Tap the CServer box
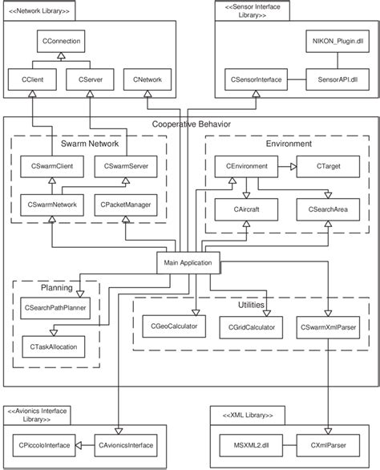pyautogui.click(x=87, y=79)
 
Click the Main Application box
pyautogui.click(x=187, y=261)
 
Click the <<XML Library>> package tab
pyautogui.click(x=247, y=415)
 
